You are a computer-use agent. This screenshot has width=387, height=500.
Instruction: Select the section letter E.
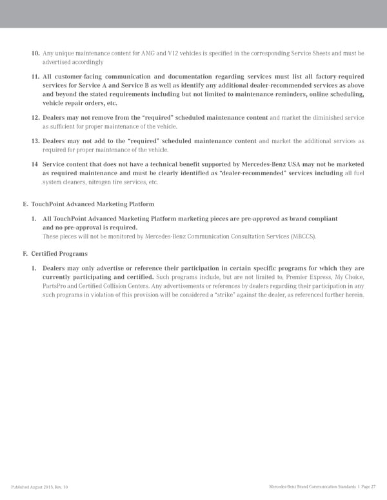click(x=24, y=204)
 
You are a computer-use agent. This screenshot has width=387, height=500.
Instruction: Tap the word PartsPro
click(x=55, y=286)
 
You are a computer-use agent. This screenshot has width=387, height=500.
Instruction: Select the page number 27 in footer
click(x=373, y=486)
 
